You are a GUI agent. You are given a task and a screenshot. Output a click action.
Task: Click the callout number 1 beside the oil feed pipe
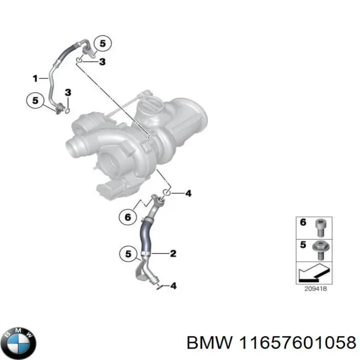pos(35,78)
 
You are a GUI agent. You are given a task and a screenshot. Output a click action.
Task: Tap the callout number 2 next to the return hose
pos(173,253)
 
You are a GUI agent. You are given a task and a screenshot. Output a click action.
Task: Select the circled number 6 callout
pos(127,217)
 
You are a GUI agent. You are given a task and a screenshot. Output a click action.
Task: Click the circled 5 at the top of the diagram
pos(102,43)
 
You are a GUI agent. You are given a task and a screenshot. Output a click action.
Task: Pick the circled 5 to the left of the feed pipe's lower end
pos(35,100)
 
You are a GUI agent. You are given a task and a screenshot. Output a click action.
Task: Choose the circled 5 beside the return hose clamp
pos(128,253)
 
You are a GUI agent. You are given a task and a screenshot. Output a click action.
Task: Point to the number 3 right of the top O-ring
pos(102,61)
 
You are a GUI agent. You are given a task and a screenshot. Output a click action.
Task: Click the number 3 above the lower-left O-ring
pos(68,92)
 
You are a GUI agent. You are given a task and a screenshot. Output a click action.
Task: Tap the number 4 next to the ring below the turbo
pos(188,193)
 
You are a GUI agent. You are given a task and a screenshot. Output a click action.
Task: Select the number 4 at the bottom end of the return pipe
pos(173,286)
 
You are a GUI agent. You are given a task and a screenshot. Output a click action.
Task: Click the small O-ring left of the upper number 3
pos(79,60)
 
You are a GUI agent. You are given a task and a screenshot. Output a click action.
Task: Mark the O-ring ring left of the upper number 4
pos(167,192)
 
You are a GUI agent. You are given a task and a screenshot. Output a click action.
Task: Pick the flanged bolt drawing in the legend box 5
pos(321,250)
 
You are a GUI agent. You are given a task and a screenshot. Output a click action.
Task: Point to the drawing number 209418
pos(315,289)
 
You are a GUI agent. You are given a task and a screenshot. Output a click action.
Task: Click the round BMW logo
pos(20,343)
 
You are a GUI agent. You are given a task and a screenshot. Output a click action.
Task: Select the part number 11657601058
pos(297,343)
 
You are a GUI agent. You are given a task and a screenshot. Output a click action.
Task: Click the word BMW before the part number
pos(209,343)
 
